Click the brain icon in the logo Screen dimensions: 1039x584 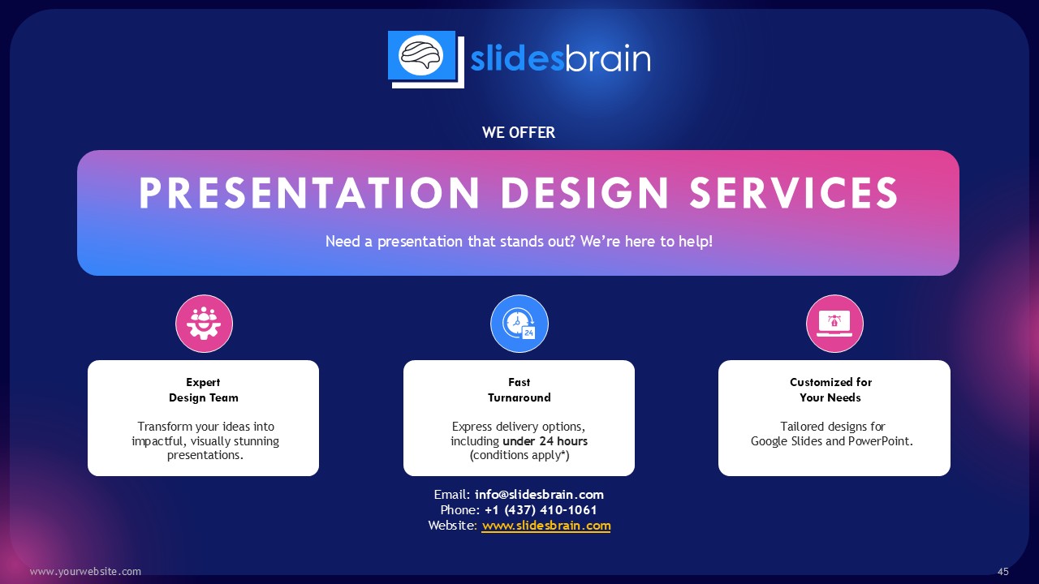pos(421,56)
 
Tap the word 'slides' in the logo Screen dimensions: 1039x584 pos(517,58)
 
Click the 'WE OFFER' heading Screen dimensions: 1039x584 pos(519,132)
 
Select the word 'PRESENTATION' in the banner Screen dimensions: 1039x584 pos(309,193)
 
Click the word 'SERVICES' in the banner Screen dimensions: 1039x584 pos(794,193)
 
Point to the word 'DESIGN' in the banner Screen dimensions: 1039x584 pos(585,193)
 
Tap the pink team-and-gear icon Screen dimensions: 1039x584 pos(204,324)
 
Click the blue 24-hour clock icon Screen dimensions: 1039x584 pos(519,324)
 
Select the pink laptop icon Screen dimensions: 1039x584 pos(834,324)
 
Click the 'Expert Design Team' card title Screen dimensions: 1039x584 pos(203,390)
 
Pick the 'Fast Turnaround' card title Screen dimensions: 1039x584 pos(519,390)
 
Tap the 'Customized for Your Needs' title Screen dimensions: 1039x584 pos(830,390)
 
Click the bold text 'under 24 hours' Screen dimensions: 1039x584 pos(545,440)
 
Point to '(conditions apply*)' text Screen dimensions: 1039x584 pos(519,455)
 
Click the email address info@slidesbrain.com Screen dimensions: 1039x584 pos(540,495)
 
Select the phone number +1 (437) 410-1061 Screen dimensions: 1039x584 pos(541,510)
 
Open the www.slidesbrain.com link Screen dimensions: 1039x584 pos(546,526)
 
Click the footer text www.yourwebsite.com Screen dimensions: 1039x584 pos(85,572)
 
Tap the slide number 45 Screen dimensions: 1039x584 pos(1002,572)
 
